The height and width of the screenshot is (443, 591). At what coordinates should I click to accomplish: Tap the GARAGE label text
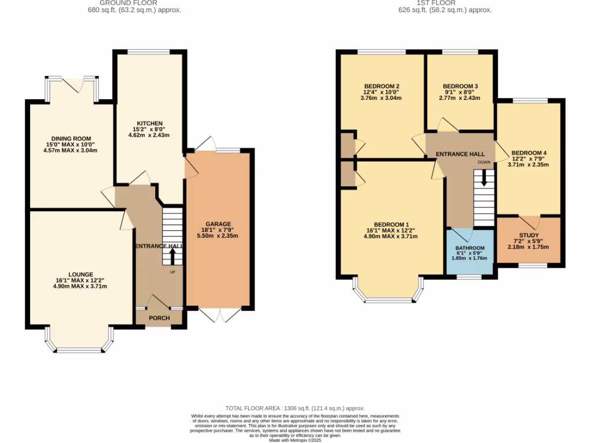[218, 224]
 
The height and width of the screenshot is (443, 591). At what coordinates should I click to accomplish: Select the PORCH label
[159, 318]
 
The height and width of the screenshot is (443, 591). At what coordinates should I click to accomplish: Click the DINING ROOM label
[70, 139]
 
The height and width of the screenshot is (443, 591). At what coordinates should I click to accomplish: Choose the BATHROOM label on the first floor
[470, 248]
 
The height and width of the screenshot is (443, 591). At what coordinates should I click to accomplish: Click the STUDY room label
[529, 235]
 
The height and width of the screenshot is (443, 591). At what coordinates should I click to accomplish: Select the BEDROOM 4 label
[529, 153]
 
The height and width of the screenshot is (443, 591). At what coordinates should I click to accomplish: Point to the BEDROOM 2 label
[381, 87]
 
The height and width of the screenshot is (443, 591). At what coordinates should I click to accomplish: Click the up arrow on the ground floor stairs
[172, 256]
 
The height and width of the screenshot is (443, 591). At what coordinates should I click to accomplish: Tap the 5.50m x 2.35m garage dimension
[218, 235]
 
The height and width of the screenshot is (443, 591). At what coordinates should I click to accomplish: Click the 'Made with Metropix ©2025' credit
[295, 440]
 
